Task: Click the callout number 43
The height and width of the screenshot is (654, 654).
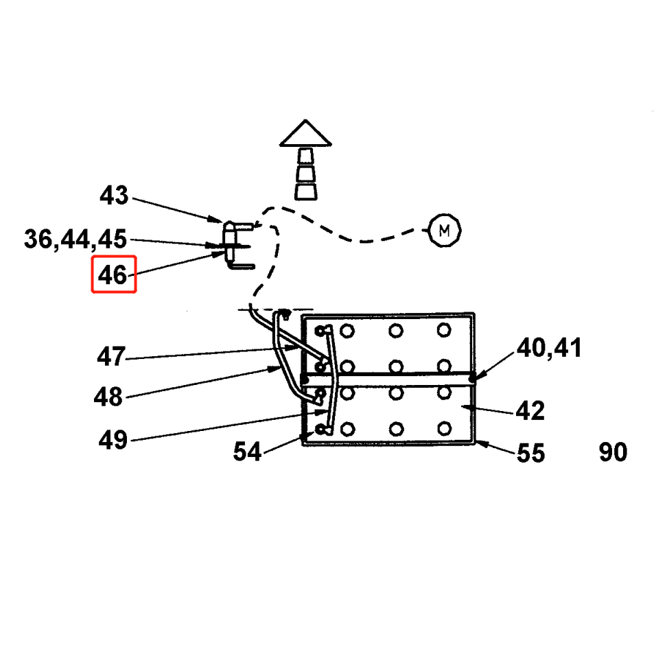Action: click(114, 196)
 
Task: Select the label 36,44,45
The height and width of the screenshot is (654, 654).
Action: click(75, 240)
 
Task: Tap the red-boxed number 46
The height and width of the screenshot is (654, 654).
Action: click(114, 275)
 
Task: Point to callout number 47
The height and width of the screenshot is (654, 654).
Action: click(110, 357)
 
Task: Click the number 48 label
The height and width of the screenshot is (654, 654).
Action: click(108, 397)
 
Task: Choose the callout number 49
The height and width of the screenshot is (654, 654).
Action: click(113, 439)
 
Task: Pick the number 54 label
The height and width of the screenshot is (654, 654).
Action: click(247, 452)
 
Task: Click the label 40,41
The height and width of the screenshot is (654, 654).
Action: click(549, 348)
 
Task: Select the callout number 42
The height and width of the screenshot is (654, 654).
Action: click(530, 411)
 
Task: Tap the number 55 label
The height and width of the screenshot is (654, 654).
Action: click(530, 453)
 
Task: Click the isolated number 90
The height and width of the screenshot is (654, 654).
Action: click(613, 452)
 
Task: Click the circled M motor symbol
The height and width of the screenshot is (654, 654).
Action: click(444, 231)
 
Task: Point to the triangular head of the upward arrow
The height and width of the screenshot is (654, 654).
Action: click(306, 134)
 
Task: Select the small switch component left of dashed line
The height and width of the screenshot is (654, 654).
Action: click(231, 244)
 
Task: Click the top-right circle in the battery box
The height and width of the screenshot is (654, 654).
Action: click(444, 331)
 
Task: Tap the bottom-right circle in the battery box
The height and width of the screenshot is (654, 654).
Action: click(444, 430)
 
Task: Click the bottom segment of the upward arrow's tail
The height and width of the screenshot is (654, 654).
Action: click(306, 190)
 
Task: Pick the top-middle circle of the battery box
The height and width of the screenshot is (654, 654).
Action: click(396, 331)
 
